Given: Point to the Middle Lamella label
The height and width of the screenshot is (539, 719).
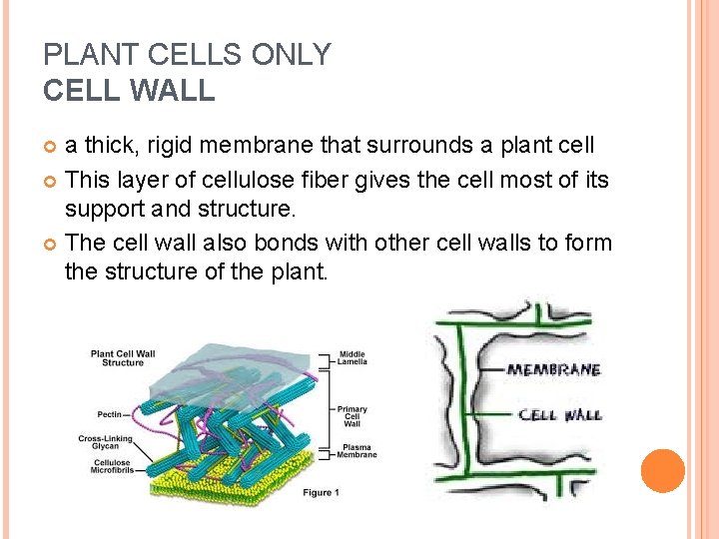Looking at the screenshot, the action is [353, 357].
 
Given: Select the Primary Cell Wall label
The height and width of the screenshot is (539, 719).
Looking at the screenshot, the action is [352, 415].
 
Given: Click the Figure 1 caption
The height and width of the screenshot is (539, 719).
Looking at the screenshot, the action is [323, 493].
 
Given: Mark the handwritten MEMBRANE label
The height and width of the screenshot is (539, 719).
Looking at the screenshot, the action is [553, 370].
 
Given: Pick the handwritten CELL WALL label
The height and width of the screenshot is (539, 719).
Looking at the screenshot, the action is [559, 414].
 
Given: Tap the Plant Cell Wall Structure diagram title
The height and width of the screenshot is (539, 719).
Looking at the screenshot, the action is [123, 357].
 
